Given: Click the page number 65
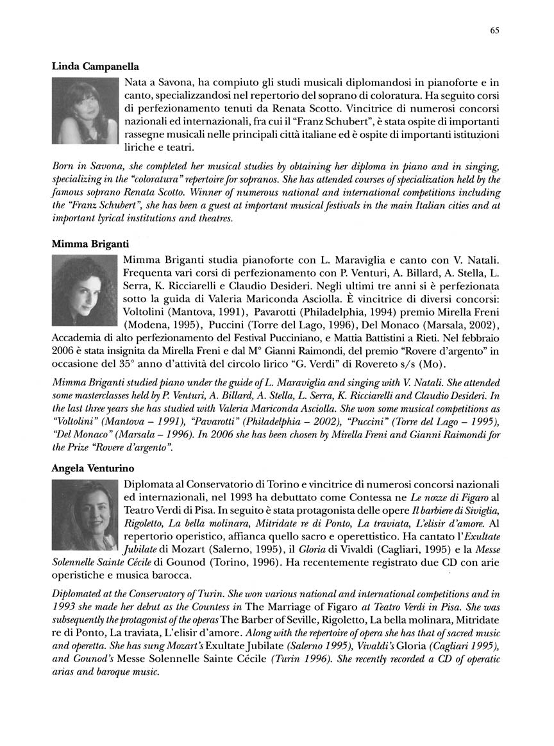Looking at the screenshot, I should pos(494,30).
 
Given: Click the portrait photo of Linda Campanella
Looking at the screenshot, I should pos(85,110).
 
